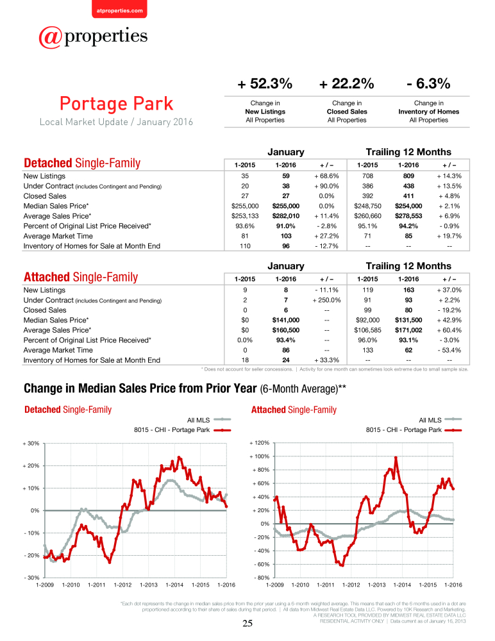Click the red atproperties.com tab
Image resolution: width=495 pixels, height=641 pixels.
point(119,9)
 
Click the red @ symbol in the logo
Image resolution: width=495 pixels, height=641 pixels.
point(50,38)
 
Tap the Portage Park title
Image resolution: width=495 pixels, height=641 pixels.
point(117,104)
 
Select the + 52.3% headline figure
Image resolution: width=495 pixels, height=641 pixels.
point(265,84)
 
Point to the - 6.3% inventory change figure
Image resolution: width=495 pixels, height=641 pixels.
point(428,84)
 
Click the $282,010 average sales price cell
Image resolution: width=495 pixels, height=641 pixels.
point(286,216)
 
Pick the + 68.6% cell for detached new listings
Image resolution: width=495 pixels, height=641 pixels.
point(326,176)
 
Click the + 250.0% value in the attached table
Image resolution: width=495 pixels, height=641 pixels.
point(326,299)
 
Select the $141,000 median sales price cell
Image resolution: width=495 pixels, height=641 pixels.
point(286,320)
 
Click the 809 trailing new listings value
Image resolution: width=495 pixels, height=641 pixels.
point(408,176)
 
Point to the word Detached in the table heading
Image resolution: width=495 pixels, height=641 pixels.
point(48,163)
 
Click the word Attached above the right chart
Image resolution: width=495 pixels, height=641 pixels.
point(269,410)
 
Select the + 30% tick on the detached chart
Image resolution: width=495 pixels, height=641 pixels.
point(31,443)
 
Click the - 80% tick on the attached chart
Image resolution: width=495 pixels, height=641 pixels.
point(260,578)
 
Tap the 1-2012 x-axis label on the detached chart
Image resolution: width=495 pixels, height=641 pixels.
point(122,585)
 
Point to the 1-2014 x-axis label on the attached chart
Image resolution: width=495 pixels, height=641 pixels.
point(402,585)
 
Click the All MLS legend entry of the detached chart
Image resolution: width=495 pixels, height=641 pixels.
point(209,420)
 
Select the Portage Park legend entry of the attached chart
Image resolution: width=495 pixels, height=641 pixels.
point(414,429)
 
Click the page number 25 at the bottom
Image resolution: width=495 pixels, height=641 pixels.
point(247,623)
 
